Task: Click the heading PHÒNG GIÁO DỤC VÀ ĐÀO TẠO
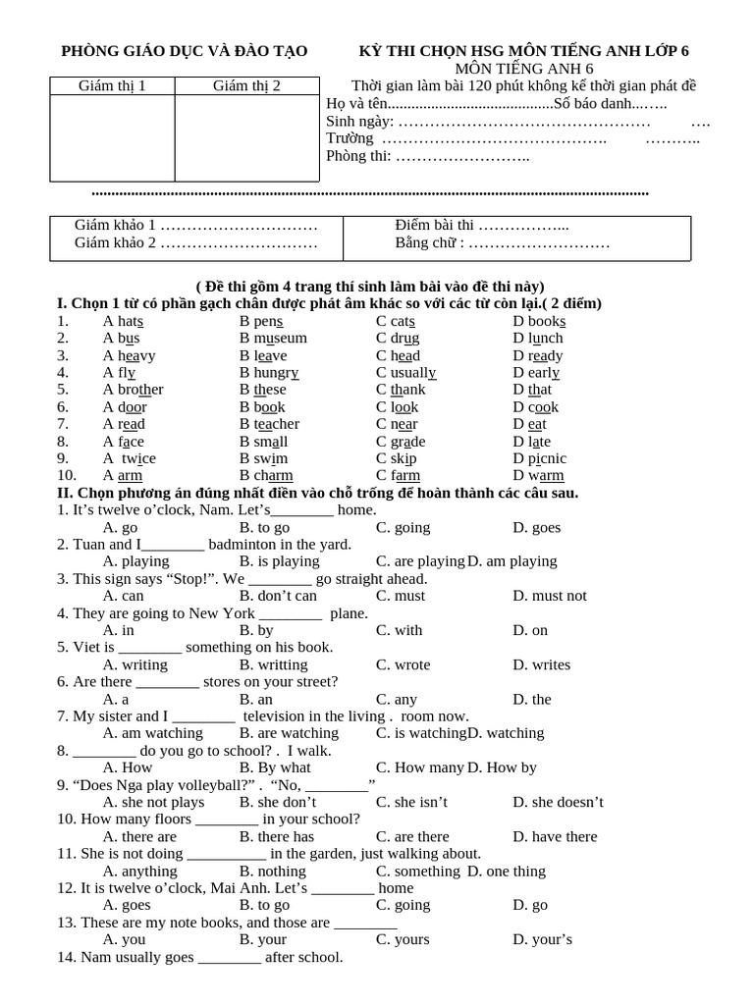[x=185, y=51]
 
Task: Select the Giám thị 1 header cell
[x=112, y=86]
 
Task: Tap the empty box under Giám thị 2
[x=246, y=137]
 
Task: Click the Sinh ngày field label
[x=359, y=122]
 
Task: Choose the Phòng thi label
[x=357, y=156]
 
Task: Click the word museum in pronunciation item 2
[x=281, y=339]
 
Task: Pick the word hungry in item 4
[x=276, y=373]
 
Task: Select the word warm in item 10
[x=546, y=476]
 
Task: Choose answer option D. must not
[x=549, y=596]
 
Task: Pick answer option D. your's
[x=542, y=939]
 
